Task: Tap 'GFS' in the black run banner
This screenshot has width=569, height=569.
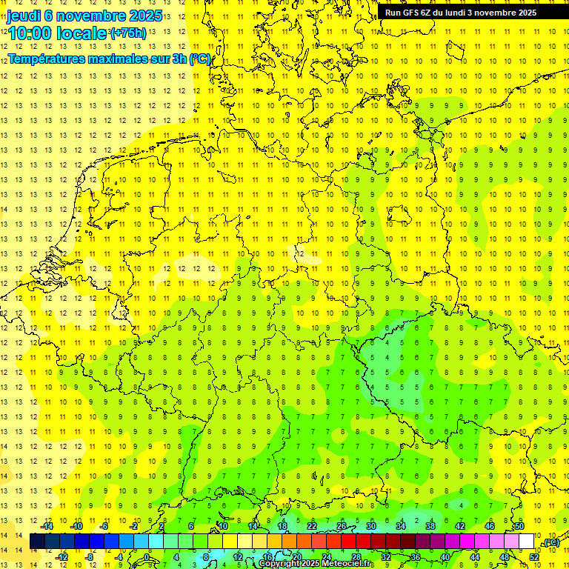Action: pos(410,13)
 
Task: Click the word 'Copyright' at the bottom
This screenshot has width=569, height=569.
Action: pos(279,564)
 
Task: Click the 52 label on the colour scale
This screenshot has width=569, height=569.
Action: pos(533,557)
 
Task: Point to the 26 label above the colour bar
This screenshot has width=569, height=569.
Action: pos(342,526)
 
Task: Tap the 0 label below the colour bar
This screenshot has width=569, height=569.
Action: pos(147,557)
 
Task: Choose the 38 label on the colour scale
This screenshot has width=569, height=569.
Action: pos(430,526)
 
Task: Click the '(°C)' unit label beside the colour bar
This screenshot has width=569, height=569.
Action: pos(550,543)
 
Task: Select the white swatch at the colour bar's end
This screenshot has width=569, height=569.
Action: pos(526,542)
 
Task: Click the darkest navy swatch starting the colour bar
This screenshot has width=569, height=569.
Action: pos(37,542)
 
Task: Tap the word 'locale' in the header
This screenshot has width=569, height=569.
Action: pos(85,33)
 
